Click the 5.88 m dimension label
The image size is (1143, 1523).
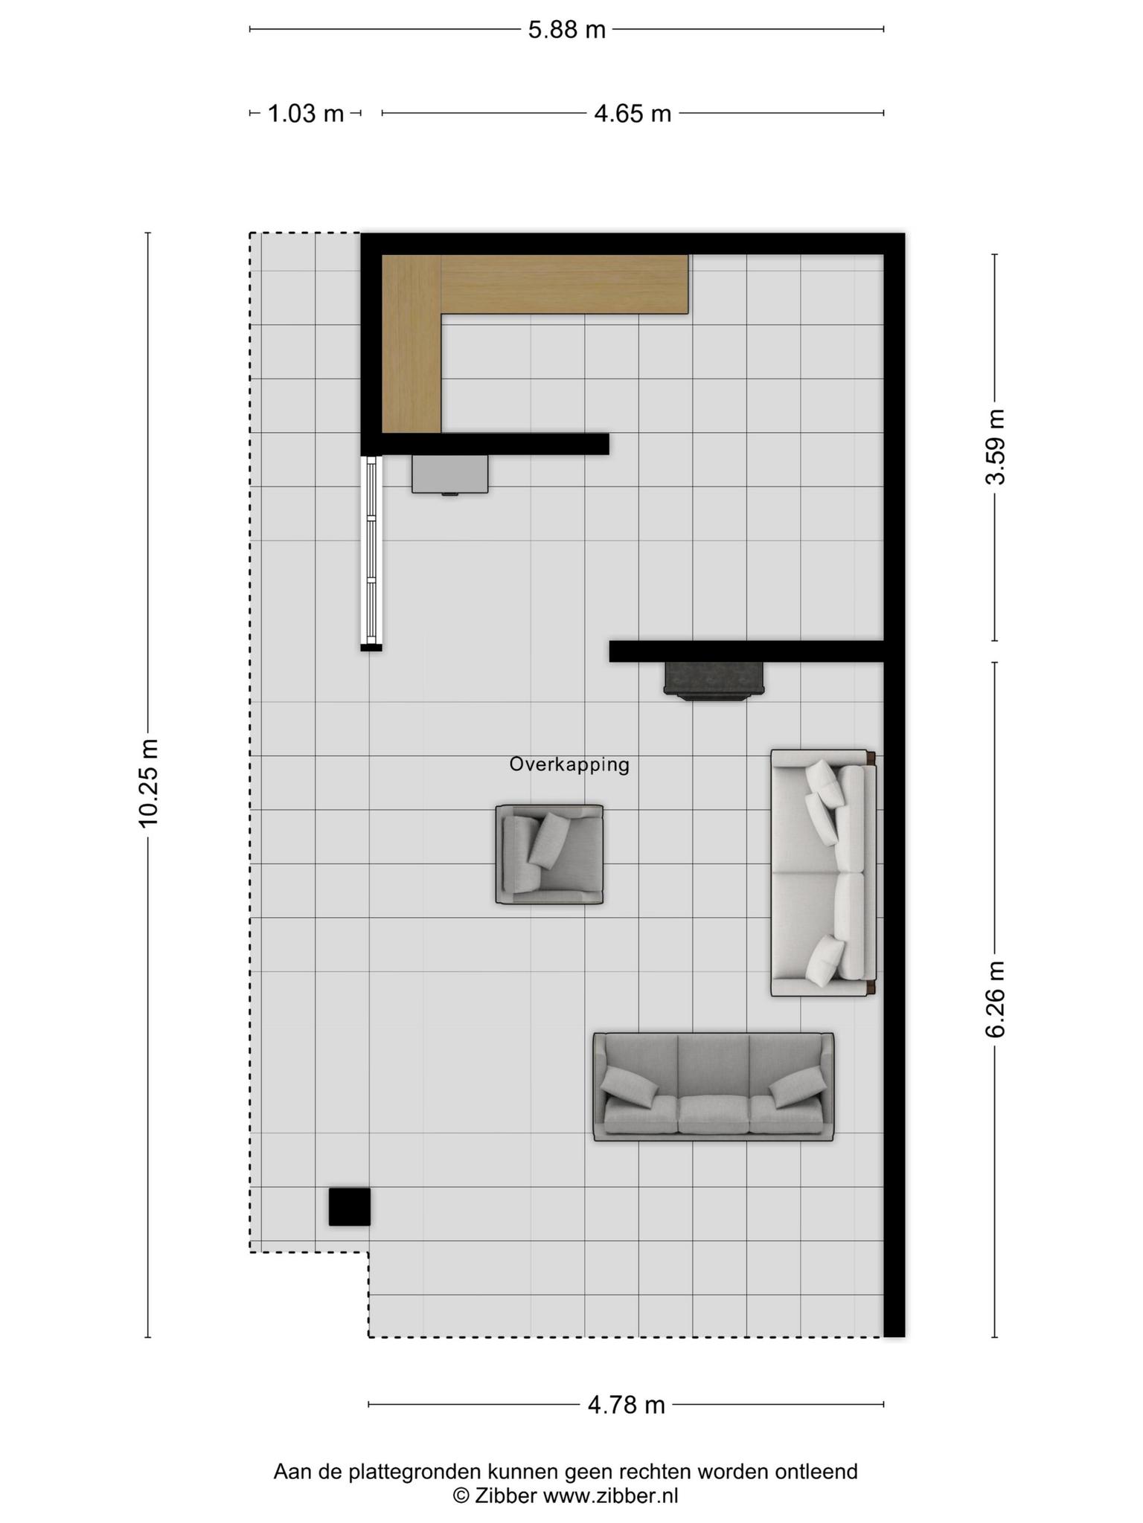(x=567, y=30)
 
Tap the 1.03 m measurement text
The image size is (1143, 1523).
(x=305, y=114)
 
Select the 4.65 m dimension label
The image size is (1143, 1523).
(x=633, y=114)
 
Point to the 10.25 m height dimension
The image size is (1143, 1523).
(x=148, y=782)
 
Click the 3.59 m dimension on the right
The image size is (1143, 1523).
(x=995, y=447)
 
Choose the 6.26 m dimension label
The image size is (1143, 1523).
(x=995, y=999)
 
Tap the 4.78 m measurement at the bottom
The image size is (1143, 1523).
(x=626, y=1405)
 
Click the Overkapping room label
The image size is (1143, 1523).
(x=569, y=764)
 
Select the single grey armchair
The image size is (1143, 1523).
(x=549, y=854)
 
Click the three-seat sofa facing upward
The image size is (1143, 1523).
(x=713, y=1086)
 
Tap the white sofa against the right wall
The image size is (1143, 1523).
(x=823, y=872)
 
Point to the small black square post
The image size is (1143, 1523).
(x=350, y=1206)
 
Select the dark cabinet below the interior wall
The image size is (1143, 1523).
(x=714, y=680)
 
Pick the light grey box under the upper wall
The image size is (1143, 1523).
(x=450, y=474)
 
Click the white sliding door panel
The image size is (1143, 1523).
(x=371, y=550)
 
